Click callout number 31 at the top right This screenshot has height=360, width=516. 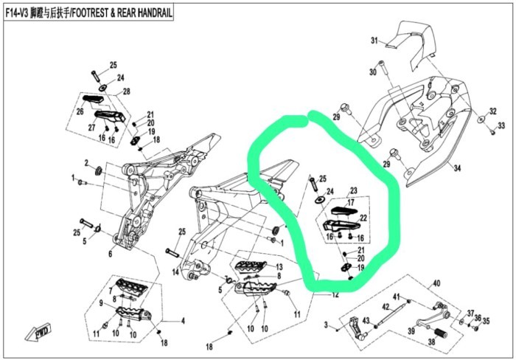point(374,40)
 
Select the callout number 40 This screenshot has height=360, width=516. point(436,283)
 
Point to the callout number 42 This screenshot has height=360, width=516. point(385,306)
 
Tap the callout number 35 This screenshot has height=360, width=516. point(486,321)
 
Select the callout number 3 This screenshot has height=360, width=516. point(327,325)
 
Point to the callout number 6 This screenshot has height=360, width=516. point(111,254)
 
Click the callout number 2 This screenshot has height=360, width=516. point(86,163)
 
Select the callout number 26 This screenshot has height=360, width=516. point(80,113)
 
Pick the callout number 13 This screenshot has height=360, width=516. point(279,267)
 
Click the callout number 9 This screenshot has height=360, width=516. point(101,303)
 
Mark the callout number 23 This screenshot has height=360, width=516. point(352,190)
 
